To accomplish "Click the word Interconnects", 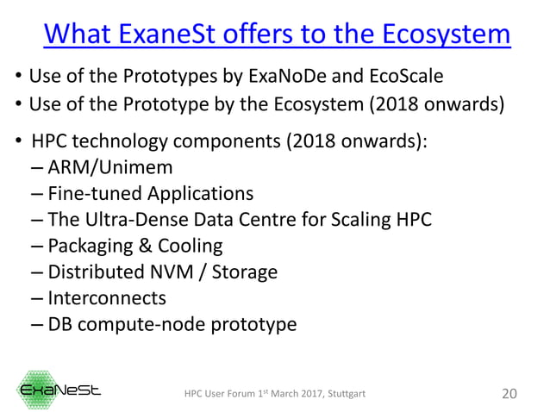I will point(107,299).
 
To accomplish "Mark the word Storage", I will point(241,273).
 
